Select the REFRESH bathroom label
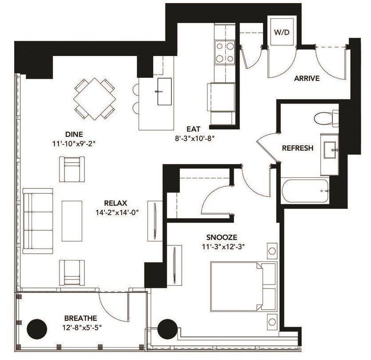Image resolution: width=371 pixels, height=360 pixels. click(x=298, y=148)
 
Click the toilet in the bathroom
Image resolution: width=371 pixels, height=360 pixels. click(x=326, y=119)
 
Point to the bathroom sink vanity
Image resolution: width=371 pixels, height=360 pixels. click(x=331, y=152)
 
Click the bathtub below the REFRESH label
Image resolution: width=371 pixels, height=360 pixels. click(x=305, y=191)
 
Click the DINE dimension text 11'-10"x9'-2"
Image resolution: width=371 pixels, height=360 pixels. click(x=74, y=144)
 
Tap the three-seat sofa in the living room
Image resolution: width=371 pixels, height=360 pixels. click(x=38, y=221)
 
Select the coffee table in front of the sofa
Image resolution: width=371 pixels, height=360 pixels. click(x=72, y=220)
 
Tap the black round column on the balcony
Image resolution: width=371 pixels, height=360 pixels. click(x=37, y=329)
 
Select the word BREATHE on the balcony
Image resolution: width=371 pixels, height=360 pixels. click(x=80, y=318)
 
